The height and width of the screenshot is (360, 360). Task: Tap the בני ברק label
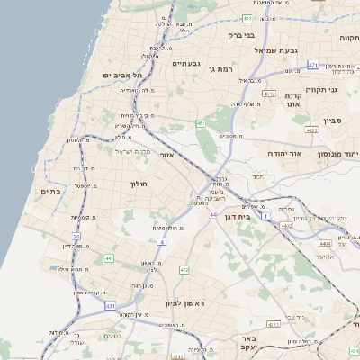tap(241, 36)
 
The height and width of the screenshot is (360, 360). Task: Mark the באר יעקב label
tap(249, 342)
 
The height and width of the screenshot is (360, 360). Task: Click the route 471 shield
tap(312, 66)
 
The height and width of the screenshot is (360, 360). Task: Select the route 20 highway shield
tap(76, 236)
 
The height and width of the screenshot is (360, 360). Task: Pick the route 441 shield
tap(109, 258)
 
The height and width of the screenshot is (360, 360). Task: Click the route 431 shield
tap(110, 307)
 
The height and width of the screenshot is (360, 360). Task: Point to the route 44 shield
tap(213, 215)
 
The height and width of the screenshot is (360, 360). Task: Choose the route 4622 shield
tap(311, 130)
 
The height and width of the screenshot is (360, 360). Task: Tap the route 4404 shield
tap(325, 243)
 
